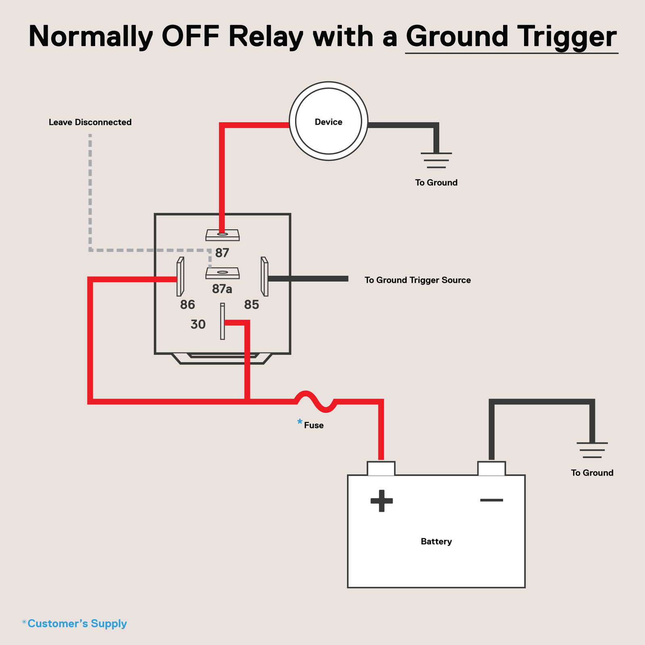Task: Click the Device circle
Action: click(328, 121)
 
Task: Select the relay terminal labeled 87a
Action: click(223, 273)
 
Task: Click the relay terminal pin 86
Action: click(180, 277)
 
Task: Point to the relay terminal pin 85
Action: click(264, 277)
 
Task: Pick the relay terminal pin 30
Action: click(223, 321)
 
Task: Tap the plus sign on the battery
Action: click(381, 501)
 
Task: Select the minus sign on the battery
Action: click(491, 500)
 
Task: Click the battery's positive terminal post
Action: click(381, 468)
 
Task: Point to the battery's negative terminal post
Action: click(491, 468)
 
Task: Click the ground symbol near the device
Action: click(436, 160)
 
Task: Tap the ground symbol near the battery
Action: click(592, 450)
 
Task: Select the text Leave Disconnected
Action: click(90, 122)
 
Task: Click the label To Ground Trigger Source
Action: click(417, 280)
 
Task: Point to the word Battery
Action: click(436, 541)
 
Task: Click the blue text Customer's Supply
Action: click(77, 624)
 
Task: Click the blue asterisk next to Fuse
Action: click(300, 422)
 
